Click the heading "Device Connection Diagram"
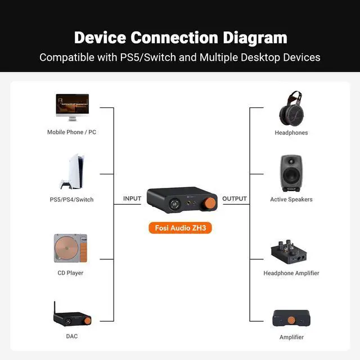click(x=180, y=38)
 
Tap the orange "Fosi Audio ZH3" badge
click(x=180, y=228)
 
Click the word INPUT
click(x=132, y=199)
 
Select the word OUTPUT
click(x=235, y=199)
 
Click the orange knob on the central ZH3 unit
click(x=209, y=202)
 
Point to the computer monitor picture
click(x=71, y=107)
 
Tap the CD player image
click(x=71, y=248)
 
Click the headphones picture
click(x=291, y=109)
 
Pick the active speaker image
click(x=291, y=173)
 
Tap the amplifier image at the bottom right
click(x=291, y=318)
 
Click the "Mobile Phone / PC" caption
click(x=71, y=132)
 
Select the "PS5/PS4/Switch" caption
click(x=71, y=200)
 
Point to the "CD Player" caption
click(x=71, y=273)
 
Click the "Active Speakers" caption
click(x=291, y=200)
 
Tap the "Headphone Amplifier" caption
click(x=291, y=273)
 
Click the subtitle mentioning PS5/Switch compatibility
click(x=180, y=57)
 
